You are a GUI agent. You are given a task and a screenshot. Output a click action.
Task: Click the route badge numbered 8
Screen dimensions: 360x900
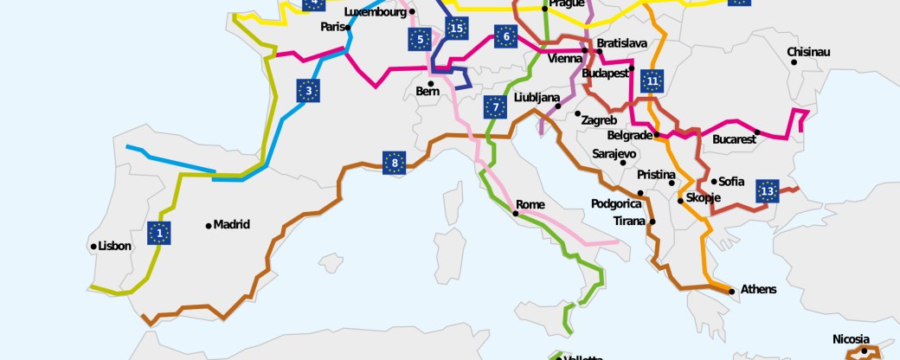coord(394,162)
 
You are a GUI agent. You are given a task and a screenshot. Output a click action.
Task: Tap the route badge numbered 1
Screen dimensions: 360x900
coord(158,233)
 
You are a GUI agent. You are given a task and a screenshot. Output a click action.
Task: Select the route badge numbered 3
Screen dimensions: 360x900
coord(308,90)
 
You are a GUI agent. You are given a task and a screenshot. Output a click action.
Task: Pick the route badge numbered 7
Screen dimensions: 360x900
coord(495,107)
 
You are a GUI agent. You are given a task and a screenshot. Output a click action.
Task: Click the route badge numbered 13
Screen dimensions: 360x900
coord(767,191)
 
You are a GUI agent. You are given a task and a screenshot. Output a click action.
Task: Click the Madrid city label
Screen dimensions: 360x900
coord(231,224)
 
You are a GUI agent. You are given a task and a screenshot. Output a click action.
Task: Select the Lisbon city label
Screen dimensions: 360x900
coord(115,246)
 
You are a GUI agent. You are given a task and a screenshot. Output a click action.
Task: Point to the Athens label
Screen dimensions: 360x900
coord(758,289)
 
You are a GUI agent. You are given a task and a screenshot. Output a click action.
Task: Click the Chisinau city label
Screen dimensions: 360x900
coord(808,52)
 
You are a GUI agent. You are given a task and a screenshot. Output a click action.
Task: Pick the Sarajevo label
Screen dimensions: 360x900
coord(614,153)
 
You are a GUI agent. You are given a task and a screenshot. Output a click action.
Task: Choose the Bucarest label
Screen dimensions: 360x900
coord(734,138)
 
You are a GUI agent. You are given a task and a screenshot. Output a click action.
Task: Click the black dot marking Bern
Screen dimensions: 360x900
coord(430,83)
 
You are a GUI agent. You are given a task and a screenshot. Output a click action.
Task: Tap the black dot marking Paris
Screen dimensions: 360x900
coord(348,27)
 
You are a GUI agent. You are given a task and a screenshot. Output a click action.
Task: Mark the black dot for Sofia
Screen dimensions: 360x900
coord(714,182)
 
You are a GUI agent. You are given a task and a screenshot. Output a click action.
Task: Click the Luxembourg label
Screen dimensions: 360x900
coord(375,12)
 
